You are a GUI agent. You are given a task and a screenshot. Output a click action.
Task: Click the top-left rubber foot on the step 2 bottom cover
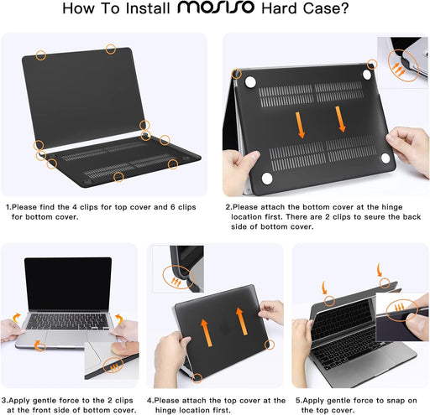(x=249, y=80)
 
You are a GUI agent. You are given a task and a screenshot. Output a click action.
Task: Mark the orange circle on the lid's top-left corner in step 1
(x=40, y=54)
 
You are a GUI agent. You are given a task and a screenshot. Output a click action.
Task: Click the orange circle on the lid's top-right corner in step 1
(x=110, y=49)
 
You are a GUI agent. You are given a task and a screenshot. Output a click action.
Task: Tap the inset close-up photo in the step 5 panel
(x=402, y=311)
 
